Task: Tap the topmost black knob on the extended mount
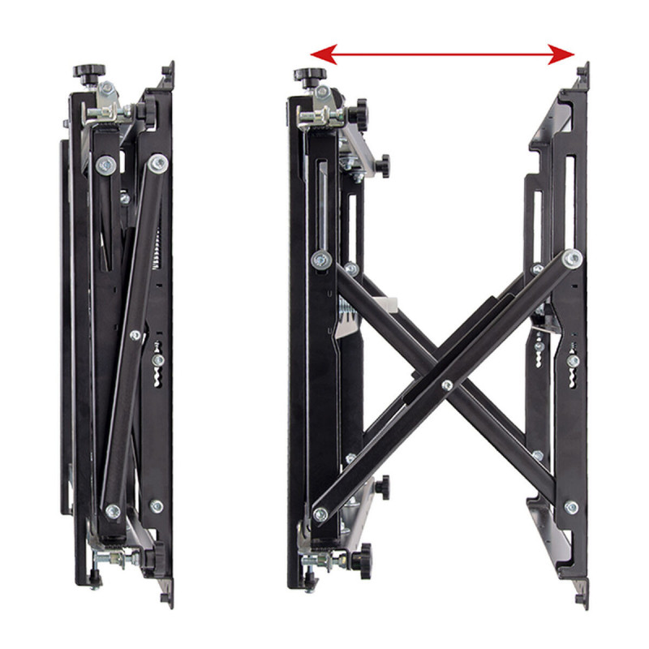click(x=304, y=75)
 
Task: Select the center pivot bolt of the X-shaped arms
click(x=446, y=384)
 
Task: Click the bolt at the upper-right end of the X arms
click(x=573, y=259)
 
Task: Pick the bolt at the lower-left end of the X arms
click(x=320, y=513)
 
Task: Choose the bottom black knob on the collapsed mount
click(x=149, y=559)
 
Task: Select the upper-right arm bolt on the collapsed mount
click(x=159, y=163)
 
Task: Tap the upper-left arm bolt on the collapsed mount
click(x=105, y=165)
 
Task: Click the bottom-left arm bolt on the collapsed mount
click(x=113, y=511)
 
